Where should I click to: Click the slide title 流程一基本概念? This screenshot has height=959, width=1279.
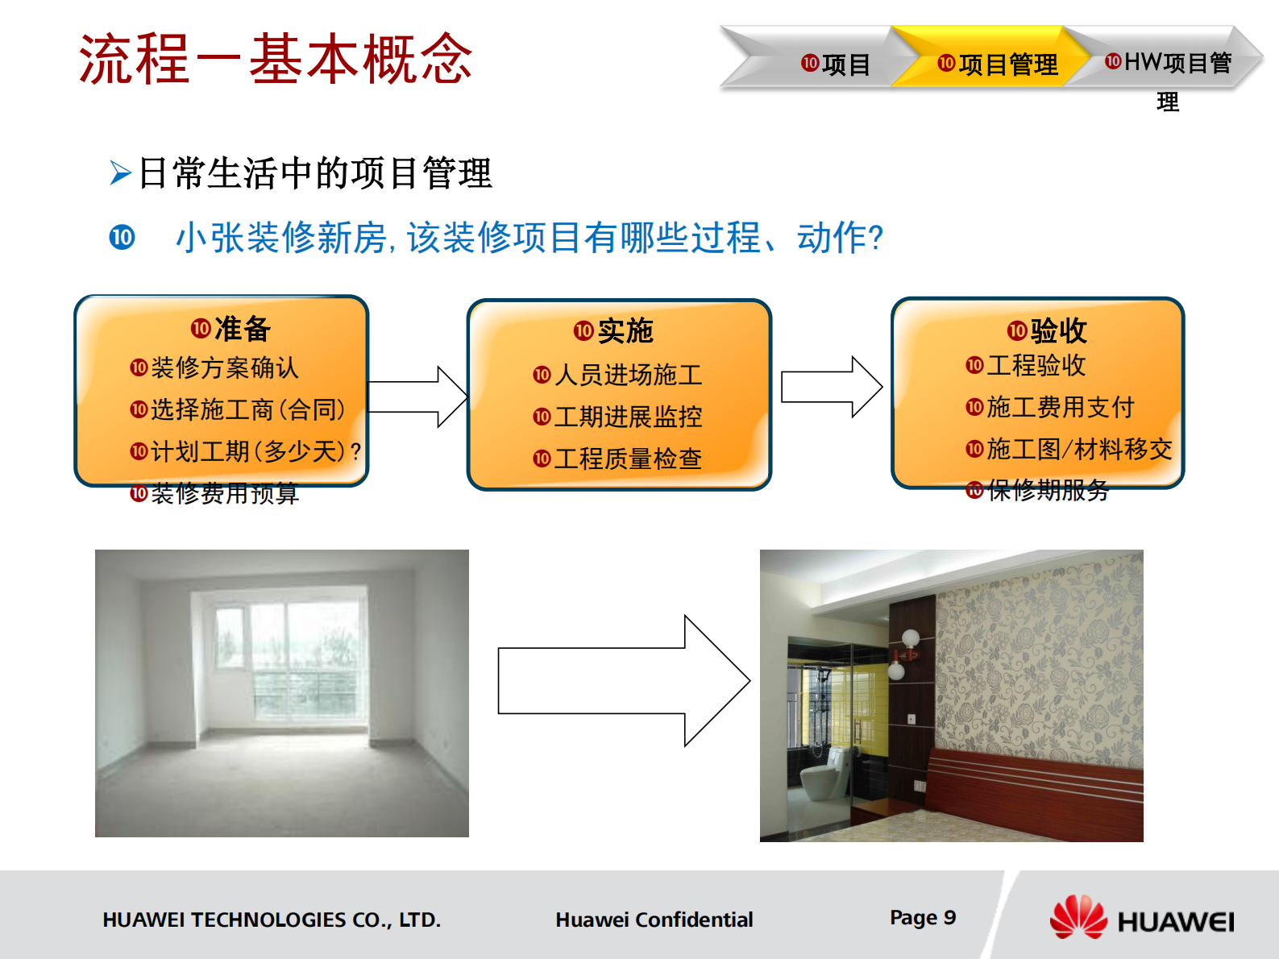pos(275,60)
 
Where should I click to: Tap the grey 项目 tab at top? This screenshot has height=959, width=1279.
pos(836,64)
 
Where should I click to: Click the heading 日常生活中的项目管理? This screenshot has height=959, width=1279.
pos(314,173)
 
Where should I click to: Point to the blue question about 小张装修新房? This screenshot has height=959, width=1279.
pos(529,238)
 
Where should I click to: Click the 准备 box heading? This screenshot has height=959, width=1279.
pos(231,329)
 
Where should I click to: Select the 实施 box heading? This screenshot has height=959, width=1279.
pos(614,331)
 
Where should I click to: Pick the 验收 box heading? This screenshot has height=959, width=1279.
pos(1048,330)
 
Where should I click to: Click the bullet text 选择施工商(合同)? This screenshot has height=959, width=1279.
pos(247,409)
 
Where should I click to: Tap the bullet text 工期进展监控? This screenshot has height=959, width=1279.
pos(627,417)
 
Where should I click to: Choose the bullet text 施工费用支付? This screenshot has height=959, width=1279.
pos(1060,407)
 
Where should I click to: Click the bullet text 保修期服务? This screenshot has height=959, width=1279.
pos(1047,490)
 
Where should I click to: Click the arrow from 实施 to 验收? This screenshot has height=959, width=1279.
pos(830,387)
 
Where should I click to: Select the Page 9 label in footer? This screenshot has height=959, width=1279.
pos(922,917)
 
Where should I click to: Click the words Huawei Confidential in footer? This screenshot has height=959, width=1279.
pos(654,920)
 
